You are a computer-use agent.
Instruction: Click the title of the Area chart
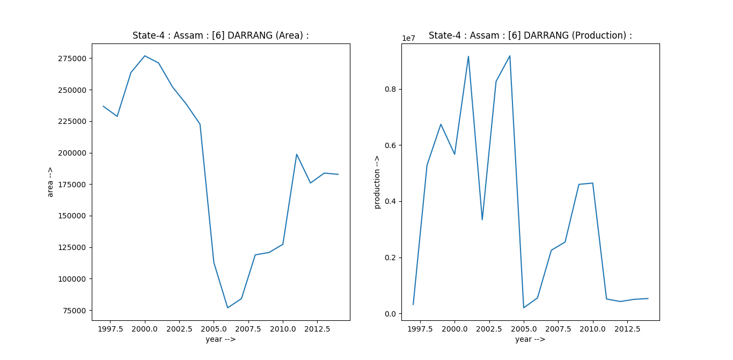(221, 35)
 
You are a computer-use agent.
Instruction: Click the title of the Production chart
(530, 35)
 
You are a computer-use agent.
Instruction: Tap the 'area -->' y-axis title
(50, 182)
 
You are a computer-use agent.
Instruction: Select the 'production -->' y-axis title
(377, 182)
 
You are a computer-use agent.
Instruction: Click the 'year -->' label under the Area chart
(221, 339)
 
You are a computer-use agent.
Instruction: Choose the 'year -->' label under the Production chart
(530, 339)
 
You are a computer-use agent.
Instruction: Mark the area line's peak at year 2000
(145, 56)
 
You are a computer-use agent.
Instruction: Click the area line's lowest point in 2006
(228, 307)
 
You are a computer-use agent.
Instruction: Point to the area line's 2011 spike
(297, 155)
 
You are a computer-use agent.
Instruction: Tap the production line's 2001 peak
(468, 56)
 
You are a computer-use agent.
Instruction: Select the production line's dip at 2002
(482, 219)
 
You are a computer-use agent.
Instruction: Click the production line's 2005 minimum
(524, 307)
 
